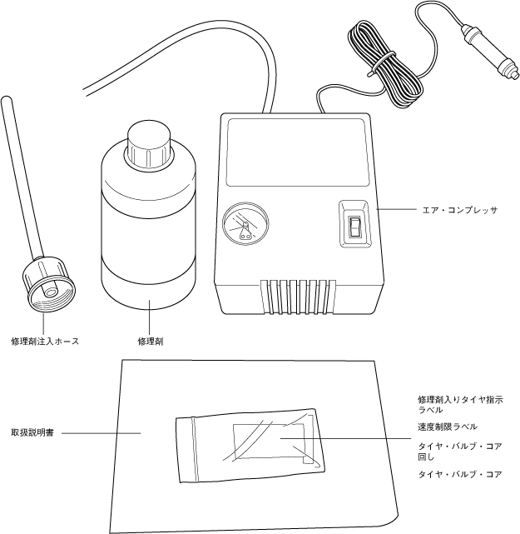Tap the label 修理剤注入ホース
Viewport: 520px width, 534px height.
(45, 341)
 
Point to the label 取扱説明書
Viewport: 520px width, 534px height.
(33, 433)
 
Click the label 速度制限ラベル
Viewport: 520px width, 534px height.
(448, 427)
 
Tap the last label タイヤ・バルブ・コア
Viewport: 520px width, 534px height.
(459, 474)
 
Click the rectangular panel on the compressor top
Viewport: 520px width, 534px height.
(298, 152)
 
